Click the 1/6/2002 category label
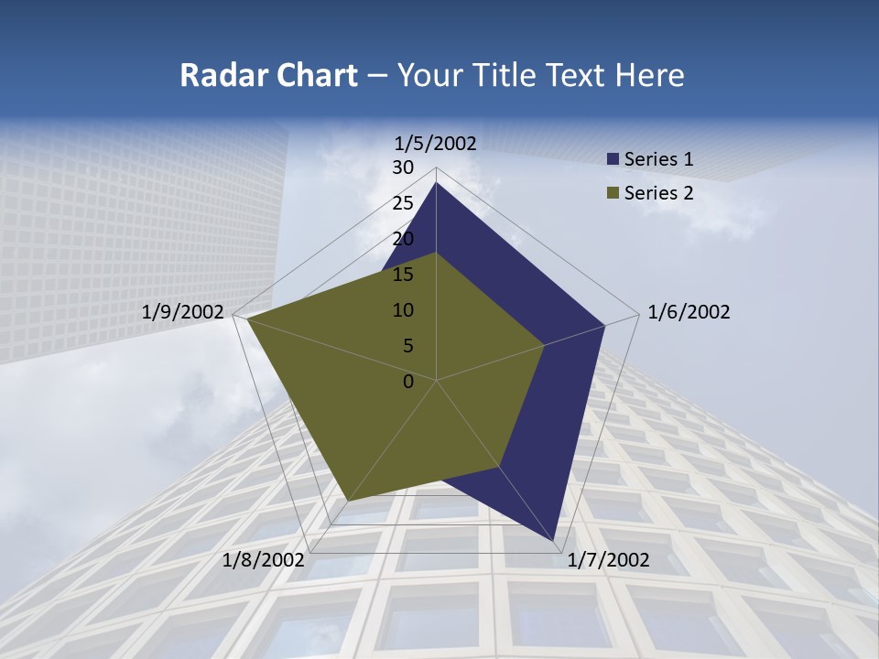click(x=689, y=312)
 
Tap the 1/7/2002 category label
click(x=608, y=560)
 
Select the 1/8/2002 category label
click(x=264, y=560)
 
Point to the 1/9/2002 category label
click(x=183, y=312)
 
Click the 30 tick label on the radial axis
click(x=403, y=167)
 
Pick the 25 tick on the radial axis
click(x=403, y=203)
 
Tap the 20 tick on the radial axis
click(x=403, y=239)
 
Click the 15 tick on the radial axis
click(x=403, y=275)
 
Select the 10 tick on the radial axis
click(x=403, y=310)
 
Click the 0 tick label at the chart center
click(x=408, y=382)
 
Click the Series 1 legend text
click(x=658, y=159)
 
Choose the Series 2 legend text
click(x=658, y=192)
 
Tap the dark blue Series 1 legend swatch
click(x=613, y=159)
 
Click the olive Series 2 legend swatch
click(x=613, y=192)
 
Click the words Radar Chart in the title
click(x=268, y=75)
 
